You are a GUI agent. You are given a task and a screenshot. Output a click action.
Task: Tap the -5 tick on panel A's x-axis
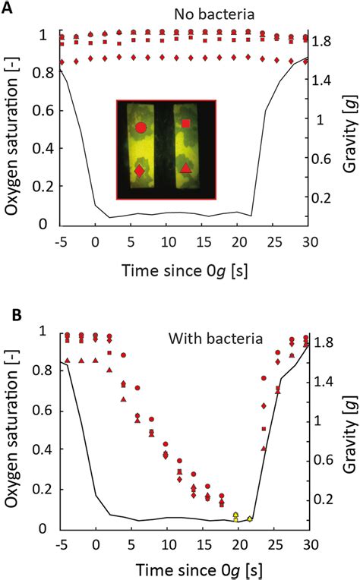[x=58, y=241]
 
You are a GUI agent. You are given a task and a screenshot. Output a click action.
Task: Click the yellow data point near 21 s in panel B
[x=250, y=519]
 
